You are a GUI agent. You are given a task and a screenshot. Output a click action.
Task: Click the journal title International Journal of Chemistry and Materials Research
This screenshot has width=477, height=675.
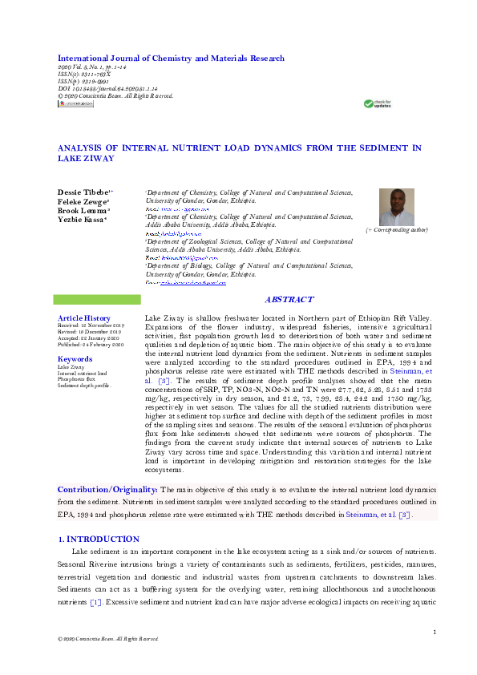click(x=170, y=59)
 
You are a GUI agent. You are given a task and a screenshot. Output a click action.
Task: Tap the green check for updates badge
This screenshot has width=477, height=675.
click(x=377, y=103)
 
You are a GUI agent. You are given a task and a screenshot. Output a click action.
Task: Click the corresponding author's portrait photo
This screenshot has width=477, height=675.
click(x=397, y=207)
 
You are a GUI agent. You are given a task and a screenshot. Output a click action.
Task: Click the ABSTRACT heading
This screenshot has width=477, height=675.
click(x=289, y=299)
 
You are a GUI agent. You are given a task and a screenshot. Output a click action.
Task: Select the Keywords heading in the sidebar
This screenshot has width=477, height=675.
click(x=75, y=359)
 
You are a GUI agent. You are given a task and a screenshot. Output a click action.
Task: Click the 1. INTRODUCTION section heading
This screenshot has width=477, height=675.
click(x=98, y=540)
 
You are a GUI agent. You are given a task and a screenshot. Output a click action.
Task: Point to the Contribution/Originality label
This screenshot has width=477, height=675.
click(x=107, y=489)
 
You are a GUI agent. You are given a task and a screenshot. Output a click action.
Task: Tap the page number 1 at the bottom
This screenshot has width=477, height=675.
click(x=434, y=633)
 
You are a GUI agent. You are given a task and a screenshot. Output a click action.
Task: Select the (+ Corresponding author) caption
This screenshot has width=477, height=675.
click(x=397, y=230)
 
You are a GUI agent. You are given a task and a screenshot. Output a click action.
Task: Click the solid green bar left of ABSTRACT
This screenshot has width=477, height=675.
click(x=96, y=299)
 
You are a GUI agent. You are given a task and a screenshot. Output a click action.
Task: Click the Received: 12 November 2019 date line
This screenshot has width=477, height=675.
click(x=89, y=325)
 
